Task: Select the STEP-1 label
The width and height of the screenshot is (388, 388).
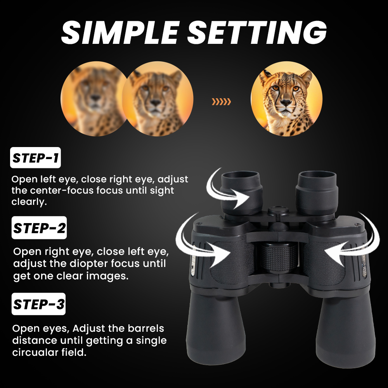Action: click(x=35, y=159)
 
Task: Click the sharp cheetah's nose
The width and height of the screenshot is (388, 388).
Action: click(x=286, y=103)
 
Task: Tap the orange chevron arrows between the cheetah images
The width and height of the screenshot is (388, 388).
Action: click(x=221, y=102)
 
